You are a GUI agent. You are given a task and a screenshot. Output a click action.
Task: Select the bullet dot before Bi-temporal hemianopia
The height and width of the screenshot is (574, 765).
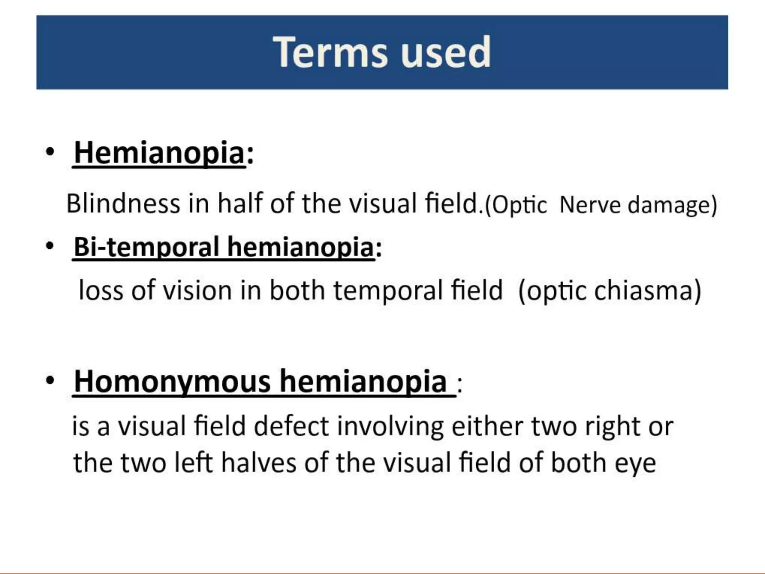click(50, 246)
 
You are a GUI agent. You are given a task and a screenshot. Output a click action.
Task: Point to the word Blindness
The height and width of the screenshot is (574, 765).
click(123, 204)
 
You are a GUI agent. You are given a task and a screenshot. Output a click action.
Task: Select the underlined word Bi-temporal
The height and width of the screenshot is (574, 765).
click(146, 247)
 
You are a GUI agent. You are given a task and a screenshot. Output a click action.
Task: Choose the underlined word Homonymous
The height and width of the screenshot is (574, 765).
click(172, 381)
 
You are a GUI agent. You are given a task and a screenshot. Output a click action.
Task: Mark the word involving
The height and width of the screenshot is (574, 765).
click(390, 427)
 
